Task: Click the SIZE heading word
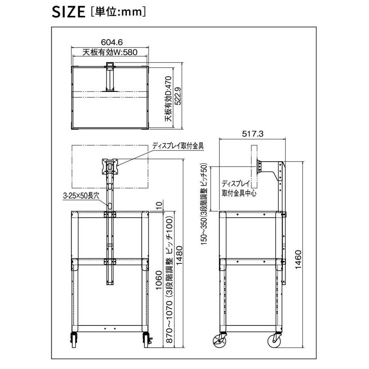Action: tap(69, 12)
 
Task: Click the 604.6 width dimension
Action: tap(112, 42)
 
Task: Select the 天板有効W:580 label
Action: tap(110, 52)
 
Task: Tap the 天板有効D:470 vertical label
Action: tap(169, 99)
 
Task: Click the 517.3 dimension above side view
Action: tap(253, 134)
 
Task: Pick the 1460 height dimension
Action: tap(298, 260)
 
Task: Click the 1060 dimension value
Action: tap(159, 280)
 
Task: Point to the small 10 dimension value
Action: tap(159, 205)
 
